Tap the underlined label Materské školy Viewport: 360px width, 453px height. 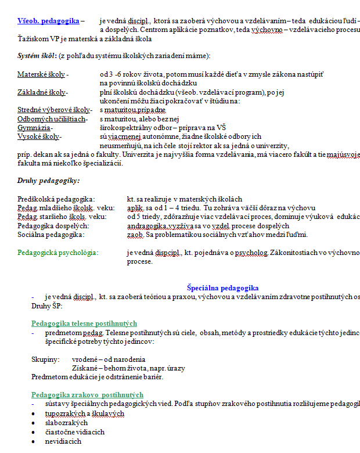pos(42,75)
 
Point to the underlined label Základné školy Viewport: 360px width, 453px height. pos(42,92)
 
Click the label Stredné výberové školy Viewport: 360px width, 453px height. pos(54,110)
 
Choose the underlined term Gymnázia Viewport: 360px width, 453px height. pos(34,127)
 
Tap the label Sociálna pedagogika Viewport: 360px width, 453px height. pos(51,235)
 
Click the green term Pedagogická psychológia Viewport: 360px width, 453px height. pos(57,253)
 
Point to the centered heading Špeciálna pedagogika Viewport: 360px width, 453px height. pos(222,288)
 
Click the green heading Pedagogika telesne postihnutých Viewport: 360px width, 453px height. pos(84,323)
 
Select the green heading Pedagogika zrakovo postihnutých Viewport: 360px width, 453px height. pos(87,395)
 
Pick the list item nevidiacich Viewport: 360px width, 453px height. pos(63,441)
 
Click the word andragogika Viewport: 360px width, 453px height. pos(145,226)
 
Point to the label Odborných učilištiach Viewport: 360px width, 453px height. pos(52,118)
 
